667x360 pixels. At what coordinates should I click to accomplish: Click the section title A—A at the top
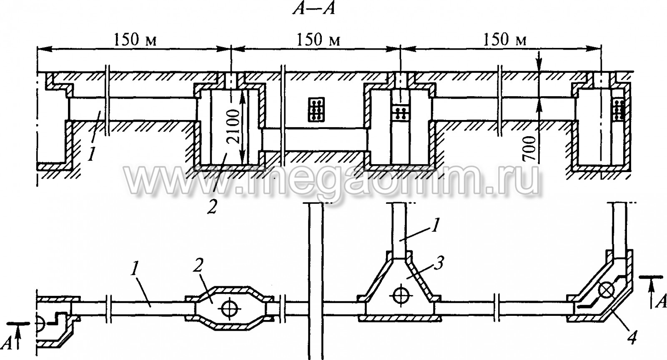(x=314, y=9)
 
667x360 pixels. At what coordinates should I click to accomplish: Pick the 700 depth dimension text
(x=530, y=148)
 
